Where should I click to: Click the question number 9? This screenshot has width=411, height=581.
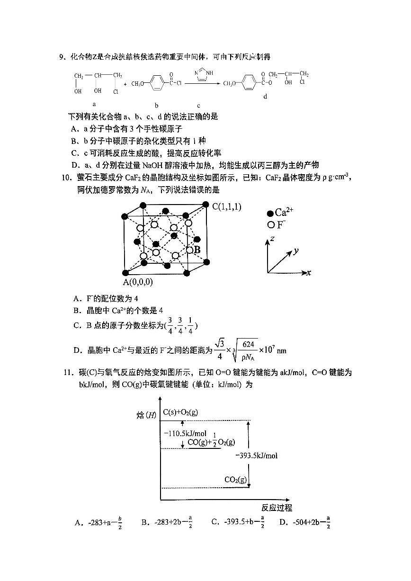(62, 58)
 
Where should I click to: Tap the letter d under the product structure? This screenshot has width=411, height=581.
(265, 96)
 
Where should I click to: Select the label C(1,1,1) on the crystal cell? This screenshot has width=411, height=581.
(227, 206)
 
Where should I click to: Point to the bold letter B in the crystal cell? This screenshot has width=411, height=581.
(197, 250)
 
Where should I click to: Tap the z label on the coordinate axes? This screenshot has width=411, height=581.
(273, 239)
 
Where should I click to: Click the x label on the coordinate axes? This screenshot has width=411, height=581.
(308, 273)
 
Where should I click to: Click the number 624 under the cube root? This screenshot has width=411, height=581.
(250, 344)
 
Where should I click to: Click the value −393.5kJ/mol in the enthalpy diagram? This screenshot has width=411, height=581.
(256, 456)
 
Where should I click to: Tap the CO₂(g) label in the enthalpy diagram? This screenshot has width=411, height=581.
(235, 480)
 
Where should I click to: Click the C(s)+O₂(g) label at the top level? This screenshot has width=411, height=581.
(180, 412)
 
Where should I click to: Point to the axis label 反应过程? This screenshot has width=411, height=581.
(277, 508)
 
